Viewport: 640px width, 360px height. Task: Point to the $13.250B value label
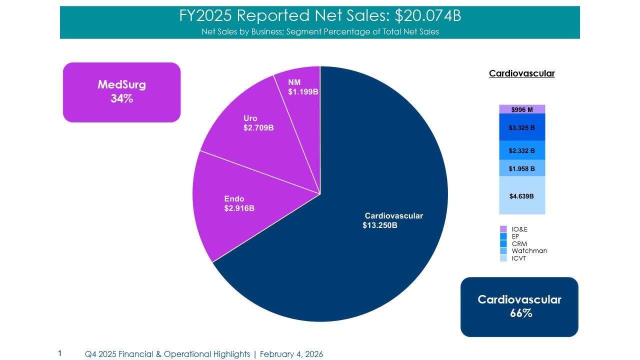tap(380, 225)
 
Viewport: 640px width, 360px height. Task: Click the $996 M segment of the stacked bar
tap(522, 109)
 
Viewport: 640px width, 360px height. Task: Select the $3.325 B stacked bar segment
tap(522, 127)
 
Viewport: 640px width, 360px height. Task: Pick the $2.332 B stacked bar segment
tap(522, 150)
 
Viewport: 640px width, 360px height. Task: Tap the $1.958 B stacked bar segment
tap(522, 168)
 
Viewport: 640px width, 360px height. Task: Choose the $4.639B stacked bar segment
tap(522, 196)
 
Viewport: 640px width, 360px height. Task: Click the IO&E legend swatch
tap(503, 229)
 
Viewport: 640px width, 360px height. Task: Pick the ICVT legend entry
tap(518, 258)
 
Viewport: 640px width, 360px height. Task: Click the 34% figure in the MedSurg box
tap(121, 99)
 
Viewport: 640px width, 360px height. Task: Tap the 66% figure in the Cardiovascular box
tap(519, 313)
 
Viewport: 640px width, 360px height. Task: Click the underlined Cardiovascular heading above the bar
tap(521, 73)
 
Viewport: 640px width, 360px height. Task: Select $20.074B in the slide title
tap(428, 16)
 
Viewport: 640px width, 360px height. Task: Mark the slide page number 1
tap(60, 353)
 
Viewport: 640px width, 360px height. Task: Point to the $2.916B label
tap(239, 208)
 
